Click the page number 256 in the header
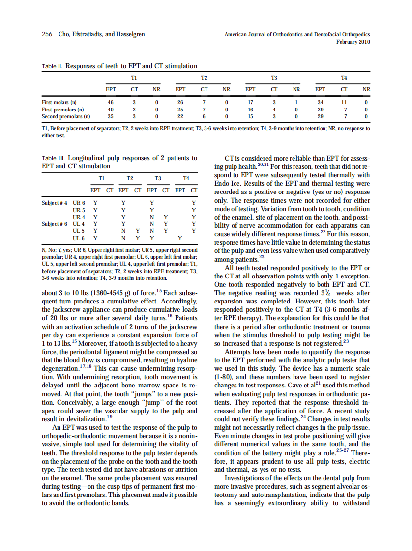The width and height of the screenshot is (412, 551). (x=47, y=34)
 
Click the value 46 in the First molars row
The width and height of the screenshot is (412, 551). (x=111, y=103)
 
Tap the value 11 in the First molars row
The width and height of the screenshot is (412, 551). (x=344, y=103)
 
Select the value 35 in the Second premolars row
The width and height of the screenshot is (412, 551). (x=111, y=117)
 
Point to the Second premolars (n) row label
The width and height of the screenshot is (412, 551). (x=66, y=117)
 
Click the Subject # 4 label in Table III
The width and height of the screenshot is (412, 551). (x=54, y=203)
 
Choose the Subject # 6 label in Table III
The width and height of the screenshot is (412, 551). (x=54, y=224)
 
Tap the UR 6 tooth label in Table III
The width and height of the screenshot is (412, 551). (x=79, y=203)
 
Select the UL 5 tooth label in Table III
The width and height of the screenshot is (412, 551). (x=79, y=231)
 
